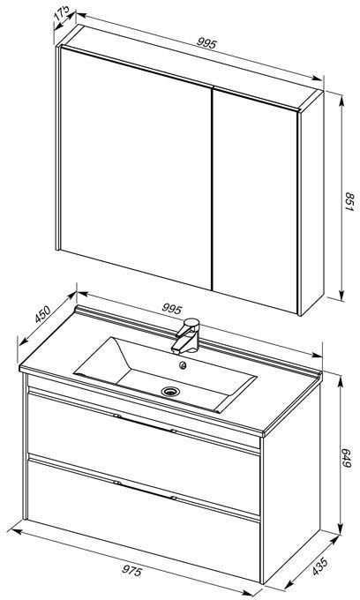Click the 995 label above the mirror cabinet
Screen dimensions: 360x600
(207, 43)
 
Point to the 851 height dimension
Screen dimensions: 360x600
(349, 202)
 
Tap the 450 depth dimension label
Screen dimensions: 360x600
(42, 314)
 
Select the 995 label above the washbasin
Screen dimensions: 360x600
(171, 309)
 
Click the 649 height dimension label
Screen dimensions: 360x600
(346, 458)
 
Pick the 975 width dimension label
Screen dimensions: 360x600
(132, 571)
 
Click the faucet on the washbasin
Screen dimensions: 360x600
(186, 335)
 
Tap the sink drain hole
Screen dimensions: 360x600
(170, 391)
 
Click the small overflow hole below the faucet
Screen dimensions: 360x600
(184, 365)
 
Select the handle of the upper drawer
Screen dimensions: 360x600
(146, 423)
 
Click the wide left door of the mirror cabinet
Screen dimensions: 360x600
(136, 169)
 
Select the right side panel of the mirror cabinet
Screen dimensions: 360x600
(311, 203)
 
